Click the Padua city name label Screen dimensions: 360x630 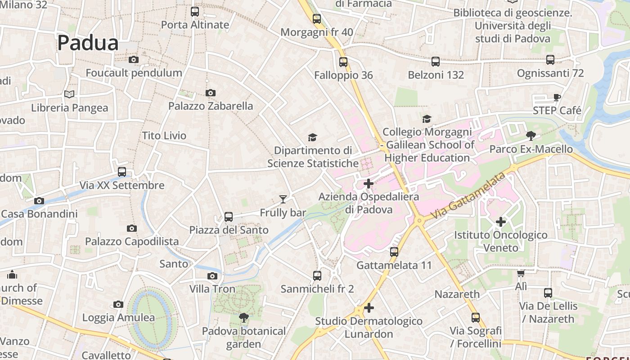(88, 43)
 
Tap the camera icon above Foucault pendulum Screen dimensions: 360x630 (133, 59)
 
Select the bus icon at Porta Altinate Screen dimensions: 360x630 (195, 12)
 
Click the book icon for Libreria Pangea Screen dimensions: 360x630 (69, 94)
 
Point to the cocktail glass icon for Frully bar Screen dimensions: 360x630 (283, 199)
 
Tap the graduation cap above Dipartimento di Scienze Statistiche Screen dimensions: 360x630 (312, 137)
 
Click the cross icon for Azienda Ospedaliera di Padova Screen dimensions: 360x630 (369, 184)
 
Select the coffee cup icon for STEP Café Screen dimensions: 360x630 (557, 97)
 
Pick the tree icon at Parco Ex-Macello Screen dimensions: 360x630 (531, 135)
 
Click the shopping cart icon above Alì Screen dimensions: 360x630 (521, 273)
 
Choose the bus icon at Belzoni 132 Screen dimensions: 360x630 (435, 62)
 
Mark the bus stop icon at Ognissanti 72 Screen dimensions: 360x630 (550, 60)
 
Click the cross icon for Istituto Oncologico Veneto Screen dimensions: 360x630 (500, 221)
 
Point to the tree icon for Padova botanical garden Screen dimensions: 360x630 (244, 318)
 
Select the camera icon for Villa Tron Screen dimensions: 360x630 (212, 276)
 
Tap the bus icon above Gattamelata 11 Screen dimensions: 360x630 (394, 252)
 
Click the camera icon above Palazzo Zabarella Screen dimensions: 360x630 (210, 93)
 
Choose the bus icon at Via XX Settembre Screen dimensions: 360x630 (121, 172)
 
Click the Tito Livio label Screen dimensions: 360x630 (164, 135)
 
